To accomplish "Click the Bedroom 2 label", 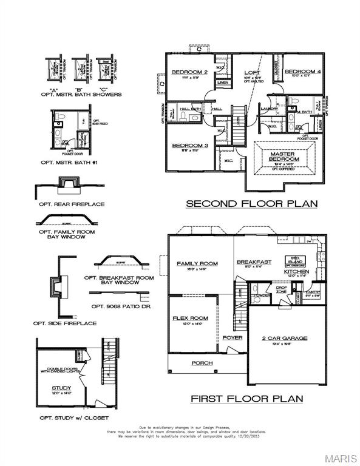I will [189, 72].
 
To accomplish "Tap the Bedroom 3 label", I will [190, 146].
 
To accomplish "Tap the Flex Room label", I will [190, 318].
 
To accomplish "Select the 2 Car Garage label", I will [284, 338].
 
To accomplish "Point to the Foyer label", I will [232, 337].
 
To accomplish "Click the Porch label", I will [202, 363].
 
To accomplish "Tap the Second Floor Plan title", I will [251, 204].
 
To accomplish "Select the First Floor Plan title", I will [246, 399].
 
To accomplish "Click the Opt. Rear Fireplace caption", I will [72, 204].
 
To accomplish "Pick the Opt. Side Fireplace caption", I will [68, 323].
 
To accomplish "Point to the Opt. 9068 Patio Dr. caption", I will [121, 307].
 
